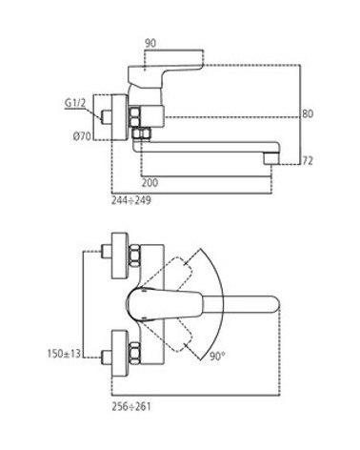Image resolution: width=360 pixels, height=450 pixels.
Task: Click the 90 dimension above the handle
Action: (x=150, y=43)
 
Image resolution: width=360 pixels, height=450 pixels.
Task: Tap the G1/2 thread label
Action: (x=75, y=103)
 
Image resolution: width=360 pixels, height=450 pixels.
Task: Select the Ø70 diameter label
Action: (x=82, y=136)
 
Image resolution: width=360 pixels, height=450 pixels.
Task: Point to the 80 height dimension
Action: (x=308, y=113)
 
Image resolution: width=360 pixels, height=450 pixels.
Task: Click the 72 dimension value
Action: (x=308, y=161)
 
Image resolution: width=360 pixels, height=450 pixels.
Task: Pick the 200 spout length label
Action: (x=150, y=183)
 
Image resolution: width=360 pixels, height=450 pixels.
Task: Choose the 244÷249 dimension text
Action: (x=130, y=200)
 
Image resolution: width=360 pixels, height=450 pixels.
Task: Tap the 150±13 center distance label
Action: (x=64, y=353)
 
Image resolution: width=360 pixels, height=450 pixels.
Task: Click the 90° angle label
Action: (x=217, y=356)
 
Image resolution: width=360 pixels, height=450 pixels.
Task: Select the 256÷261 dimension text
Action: (x=130, y=406)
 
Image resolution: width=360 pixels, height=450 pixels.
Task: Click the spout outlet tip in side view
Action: (x=271, y=158)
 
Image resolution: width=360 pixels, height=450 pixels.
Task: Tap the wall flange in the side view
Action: (x=120, y=117)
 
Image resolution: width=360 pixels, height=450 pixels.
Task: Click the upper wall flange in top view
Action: (x=120, y=256)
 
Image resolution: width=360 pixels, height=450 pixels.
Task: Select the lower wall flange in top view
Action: (x=120, y=353)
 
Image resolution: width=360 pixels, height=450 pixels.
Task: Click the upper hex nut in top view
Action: (x=134, y=256)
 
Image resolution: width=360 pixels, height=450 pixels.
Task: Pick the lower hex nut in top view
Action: (x=134, y=353)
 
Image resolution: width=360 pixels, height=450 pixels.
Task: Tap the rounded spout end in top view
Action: (x=273, y=304)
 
